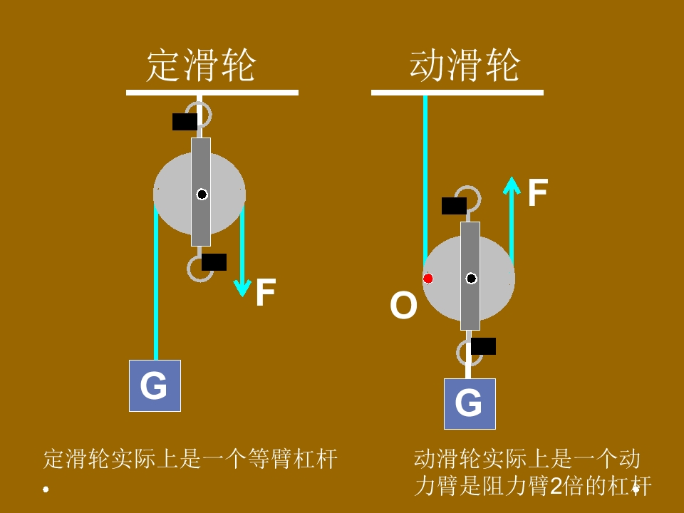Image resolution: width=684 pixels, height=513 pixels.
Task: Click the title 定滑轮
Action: [x=200, y=66]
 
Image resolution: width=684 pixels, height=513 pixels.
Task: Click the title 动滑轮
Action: [x=465, y=66]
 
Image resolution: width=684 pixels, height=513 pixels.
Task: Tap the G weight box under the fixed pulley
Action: [x=155, y=385]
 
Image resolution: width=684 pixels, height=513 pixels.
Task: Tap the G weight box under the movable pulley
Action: [x=470, y=403]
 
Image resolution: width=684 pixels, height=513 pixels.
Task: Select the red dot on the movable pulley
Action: [x=428, y=278]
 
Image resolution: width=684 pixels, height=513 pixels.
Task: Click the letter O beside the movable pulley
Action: [x=403, y=306]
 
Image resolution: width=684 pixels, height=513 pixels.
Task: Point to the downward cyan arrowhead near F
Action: [x=242, y=288]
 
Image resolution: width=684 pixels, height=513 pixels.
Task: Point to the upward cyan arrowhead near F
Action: [x=512, y=185]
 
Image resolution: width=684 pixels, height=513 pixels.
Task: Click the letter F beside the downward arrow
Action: [x=265, y=293]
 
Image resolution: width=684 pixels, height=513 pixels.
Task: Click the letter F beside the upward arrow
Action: [x=537, y=193]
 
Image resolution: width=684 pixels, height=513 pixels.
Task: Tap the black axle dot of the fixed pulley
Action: [x=202, y=194]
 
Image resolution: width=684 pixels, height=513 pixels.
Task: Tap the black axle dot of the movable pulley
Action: [x=471, y=278]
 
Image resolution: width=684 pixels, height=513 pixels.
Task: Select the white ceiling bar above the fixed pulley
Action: [x=212, y=92]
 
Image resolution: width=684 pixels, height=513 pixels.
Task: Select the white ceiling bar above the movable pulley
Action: [x=457, y=92]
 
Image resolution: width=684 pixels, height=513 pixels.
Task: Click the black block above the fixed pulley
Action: [x=185, y=122]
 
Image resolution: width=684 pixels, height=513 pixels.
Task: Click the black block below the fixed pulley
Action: [x=214, y=262]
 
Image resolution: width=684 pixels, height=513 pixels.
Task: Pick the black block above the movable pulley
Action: [x=454, y=206]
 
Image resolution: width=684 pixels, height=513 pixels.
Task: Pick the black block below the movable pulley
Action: [x=483, y=346]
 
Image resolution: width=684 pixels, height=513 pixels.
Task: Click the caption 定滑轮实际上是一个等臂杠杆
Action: [x=190, y=459]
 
